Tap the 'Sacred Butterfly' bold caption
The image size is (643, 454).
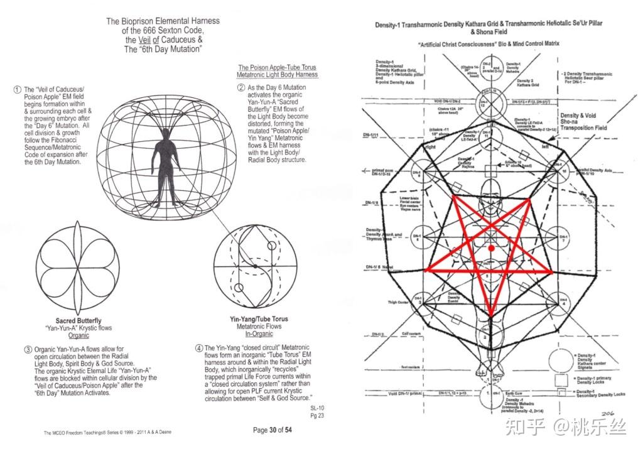(78, 321)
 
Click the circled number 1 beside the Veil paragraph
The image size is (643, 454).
(17, 90)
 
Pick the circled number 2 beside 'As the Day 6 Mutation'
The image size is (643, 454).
(240, 87)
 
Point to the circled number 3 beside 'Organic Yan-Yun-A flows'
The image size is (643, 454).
(28, 349)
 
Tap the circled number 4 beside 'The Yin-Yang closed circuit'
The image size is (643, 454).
(199, 347)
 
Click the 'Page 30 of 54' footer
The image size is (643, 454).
(273, 430)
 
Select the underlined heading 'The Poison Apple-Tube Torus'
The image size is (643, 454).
(277, 67)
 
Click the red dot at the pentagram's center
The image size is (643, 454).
(491, 249)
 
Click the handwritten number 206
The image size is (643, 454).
(607, 413)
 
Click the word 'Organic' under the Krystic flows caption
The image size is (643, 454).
(78, 335)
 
